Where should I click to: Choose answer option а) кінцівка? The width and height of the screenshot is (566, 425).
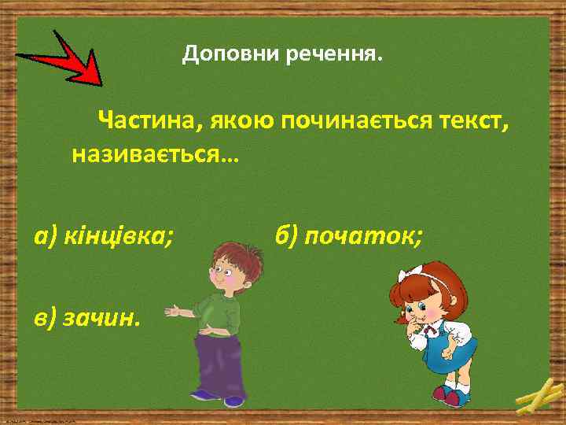point(103,235)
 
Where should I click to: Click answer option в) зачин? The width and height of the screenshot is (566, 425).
point(87,317)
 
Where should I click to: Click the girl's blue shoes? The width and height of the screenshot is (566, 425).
point(449,394)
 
